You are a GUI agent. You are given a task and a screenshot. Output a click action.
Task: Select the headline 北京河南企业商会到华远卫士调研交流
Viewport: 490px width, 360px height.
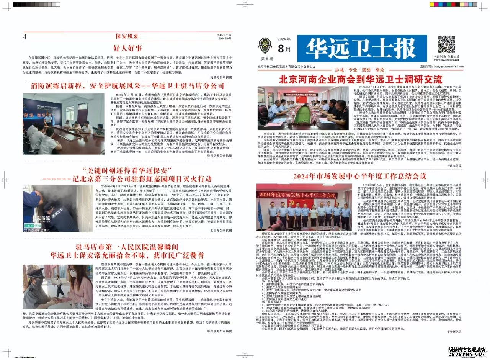pyautogui.click(x=361, y=80)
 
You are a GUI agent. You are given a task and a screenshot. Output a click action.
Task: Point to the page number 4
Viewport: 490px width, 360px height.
pyautogui.click(x=25, y=37)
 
